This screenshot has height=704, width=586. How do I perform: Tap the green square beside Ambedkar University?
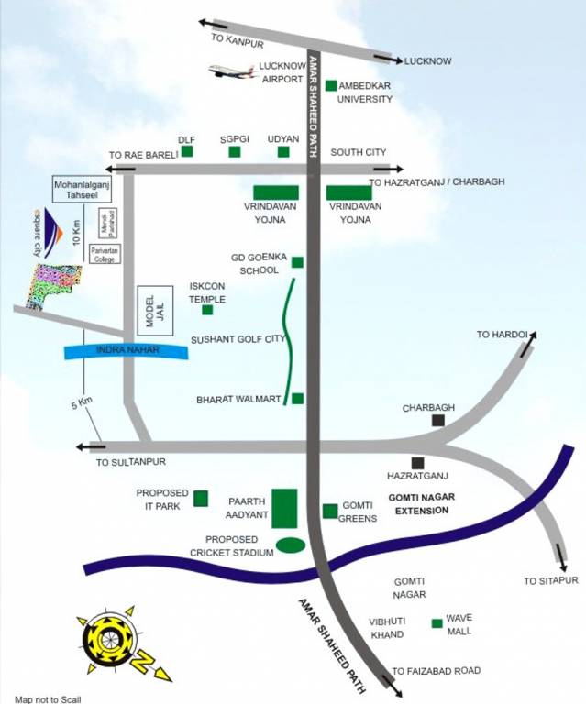click(331, 85)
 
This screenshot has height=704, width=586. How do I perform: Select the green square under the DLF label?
click(187, 151)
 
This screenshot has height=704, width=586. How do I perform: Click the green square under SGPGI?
click(235, 151)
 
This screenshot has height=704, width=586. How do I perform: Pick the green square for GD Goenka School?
click(297, 262)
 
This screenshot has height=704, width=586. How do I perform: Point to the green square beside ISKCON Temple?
click(207, 309)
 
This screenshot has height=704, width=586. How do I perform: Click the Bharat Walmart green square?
click(297, 399)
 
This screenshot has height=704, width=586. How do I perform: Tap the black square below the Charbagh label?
click(438, 421)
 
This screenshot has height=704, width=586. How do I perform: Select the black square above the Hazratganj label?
click(418, 463)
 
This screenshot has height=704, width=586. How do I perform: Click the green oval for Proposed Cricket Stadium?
click(291, 545)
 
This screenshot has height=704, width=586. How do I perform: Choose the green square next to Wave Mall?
click(437, 624)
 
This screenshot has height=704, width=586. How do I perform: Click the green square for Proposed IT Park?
click(201, 499)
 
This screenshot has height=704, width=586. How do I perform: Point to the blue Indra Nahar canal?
click(126, 350)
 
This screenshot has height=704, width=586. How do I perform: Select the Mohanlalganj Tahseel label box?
click(82, 189)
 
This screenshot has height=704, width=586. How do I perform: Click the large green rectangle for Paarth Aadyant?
click(285, 509)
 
